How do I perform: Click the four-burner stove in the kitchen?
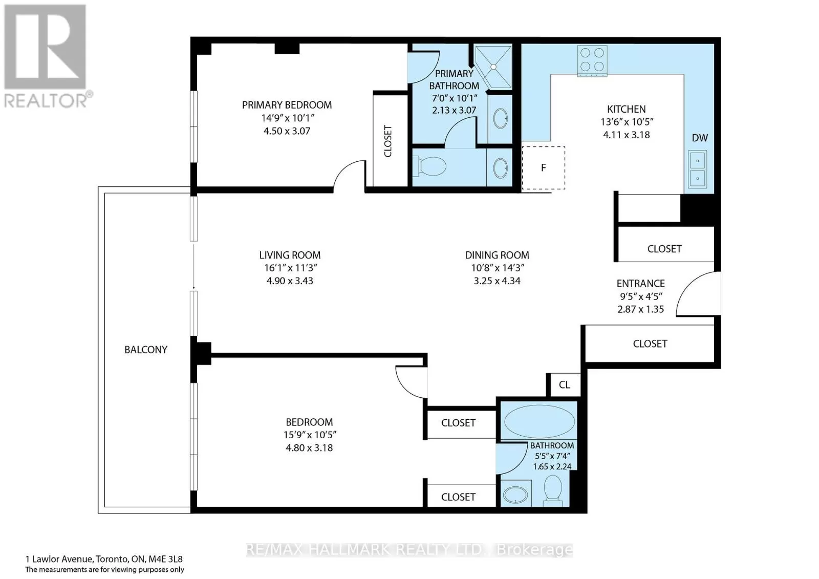[x=592, y=61]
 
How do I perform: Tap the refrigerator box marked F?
[x=543, y=168]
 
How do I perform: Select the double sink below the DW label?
[x=697, y=169]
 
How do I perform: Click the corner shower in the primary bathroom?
[x=493, y=67]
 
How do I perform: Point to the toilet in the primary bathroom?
[x=430, y=167]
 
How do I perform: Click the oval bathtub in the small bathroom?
[x=540, y=421]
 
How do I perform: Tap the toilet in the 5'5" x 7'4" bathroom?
[x=553, y=490]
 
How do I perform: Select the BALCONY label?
[x=146, y=350]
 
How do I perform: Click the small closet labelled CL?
[x=564, y=385]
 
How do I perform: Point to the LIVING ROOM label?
[x=290, y=255]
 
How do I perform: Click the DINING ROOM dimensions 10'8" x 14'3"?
[x=497, y=268]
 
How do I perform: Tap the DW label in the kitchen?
[x=700, y=138]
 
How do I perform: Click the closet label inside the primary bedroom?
[x=388, y=141]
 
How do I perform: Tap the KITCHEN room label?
[x=627, y=109]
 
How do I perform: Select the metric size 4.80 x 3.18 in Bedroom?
[x=309, y=448]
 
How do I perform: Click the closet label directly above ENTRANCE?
[x=664, y=249]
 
